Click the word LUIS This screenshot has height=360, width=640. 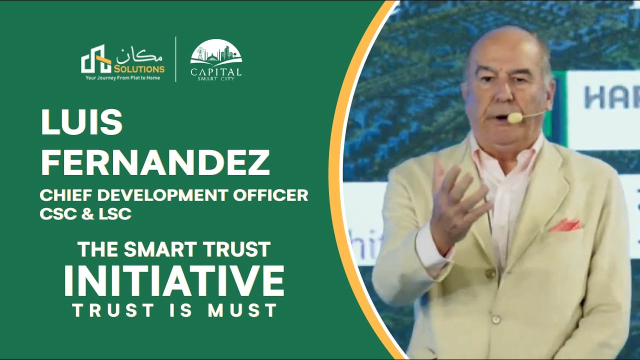pyautogui.click(x=81, y=122)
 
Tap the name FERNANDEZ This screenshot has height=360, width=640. pyautogui.click(x=155, y=162)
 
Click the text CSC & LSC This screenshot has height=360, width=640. pyautogui.click(x=85, y=214)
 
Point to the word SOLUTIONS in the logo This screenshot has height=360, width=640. pyautogui.click(x=139, y=69)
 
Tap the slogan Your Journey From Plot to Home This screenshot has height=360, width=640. pyautogui.click(x=123, y=78)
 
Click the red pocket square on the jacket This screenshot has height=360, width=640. pyautogui.click(x=564, y=225)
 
